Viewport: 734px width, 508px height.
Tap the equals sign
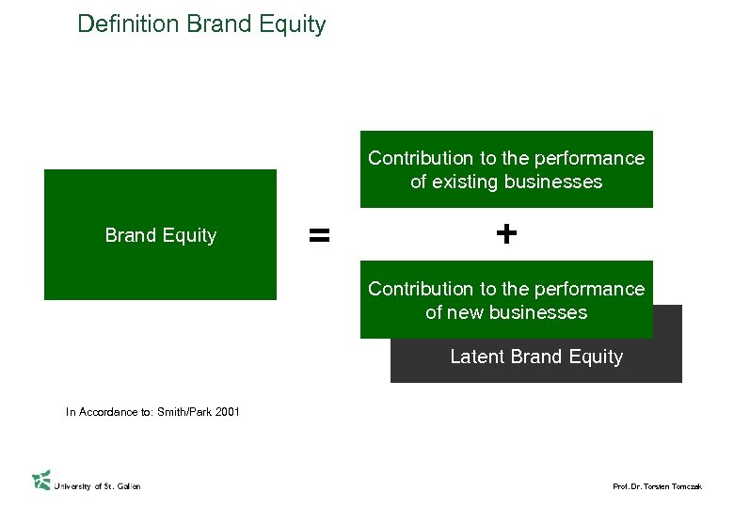320,235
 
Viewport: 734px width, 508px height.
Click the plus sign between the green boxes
506,233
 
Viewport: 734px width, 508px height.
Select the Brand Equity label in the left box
161,236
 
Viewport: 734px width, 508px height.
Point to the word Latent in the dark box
478,357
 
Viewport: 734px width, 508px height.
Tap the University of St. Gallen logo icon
41,480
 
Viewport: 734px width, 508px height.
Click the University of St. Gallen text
98,486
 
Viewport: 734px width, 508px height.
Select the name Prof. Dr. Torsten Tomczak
657,486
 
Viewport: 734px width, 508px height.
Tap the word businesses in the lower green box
540,312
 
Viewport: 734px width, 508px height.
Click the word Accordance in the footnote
106,411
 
